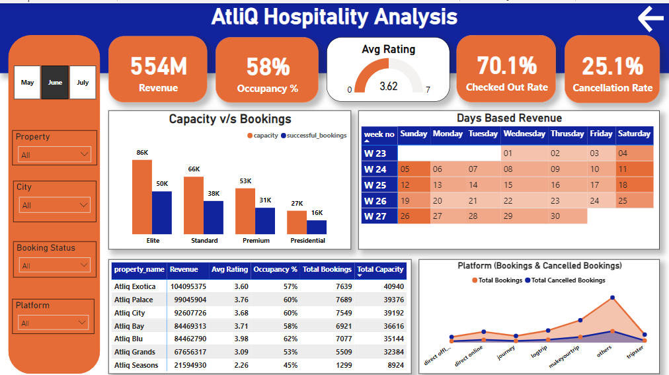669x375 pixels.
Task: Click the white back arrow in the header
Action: click(x=650, y=19)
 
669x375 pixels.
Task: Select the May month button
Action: click(x=27, y=83)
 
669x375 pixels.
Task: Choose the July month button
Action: click(x=83, y=83)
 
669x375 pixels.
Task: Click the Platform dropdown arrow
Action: click(x=81, y=323)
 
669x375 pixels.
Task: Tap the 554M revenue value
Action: click(x=158, y=66)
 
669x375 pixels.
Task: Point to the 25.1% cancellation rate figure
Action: click(x=612, y=66)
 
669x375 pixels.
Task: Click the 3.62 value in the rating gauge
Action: click(x=389, y=86)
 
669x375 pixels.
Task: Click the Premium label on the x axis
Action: click(x=256, y=241)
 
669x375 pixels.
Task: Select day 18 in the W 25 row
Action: click(x=623, y=185)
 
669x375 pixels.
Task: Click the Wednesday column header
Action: click(x=524, y=134)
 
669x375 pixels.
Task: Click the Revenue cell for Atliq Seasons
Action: click(x=188, y=365)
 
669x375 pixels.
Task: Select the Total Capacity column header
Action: click(x=380, y=269)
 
